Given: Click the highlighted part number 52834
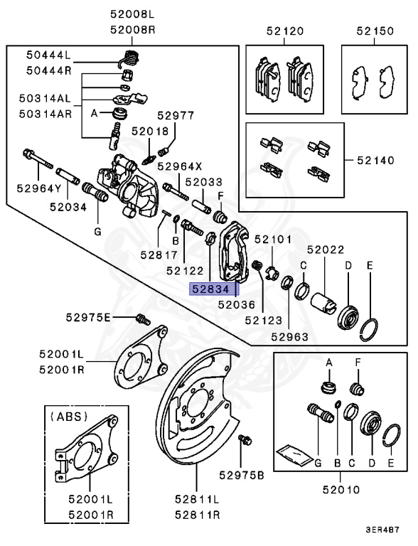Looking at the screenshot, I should click(211, 289).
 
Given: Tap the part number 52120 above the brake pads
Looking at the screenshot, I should click(285, 31).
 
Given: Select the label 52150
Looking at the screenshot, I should click(374, 31).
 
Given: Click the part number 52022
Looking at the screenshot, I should click(326, 250).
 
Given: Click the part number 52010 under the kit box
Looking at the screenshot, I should click(342, 490).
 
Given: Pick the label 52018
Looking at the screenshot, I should click(150, 131).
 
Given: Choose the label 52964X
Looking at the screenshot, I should click(176, 166).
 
